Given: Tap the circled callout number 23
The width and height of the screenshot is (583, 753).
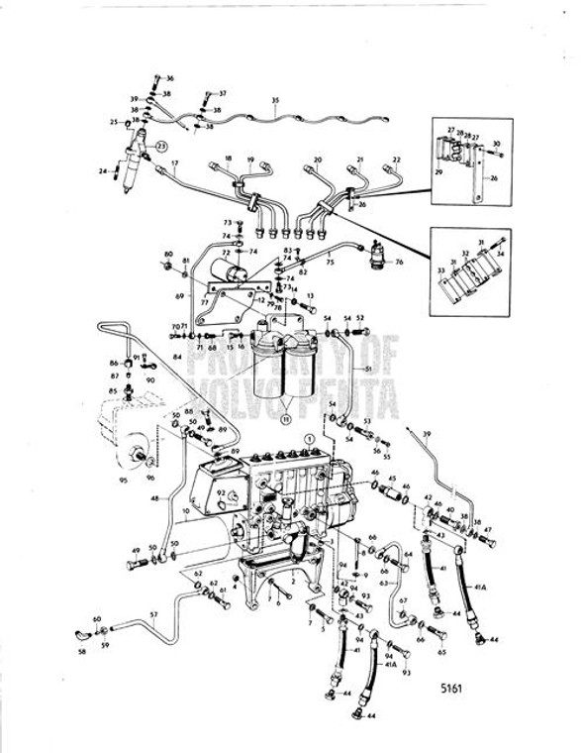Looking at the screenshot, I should (x=161, y=146).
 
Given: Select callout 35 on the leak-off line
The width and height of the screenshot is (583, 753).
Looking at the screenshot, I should (x=275, y=101).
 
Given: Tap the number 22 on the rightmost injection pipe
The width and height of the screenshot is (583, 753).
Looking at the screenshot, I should (x=397, y=159).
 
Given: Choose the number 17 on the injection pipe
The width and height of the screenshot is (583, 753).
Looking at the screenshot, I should (x=173, y=164).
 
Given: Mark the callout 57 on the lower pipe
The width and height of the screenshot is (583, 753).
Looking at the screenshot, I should (x=153, y=614).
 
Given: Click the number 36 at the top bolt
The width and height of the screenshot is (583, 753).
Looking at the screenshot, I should (x=169, y=77).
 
